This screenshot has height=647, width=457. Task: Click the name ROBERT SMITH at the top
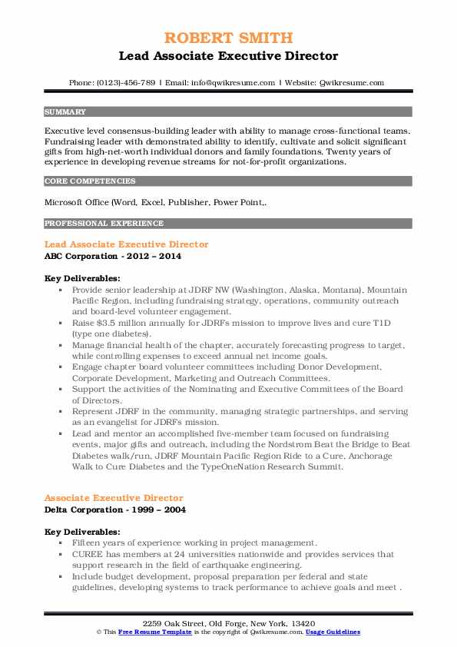[228, 39]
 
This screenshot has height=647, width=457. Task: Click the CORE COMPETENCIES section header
[90, 181]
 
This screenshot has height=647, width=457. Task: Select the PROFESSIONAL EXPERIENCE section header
[104, 224]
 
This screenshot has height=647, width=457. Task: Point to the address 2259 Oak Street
[178, 622]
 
